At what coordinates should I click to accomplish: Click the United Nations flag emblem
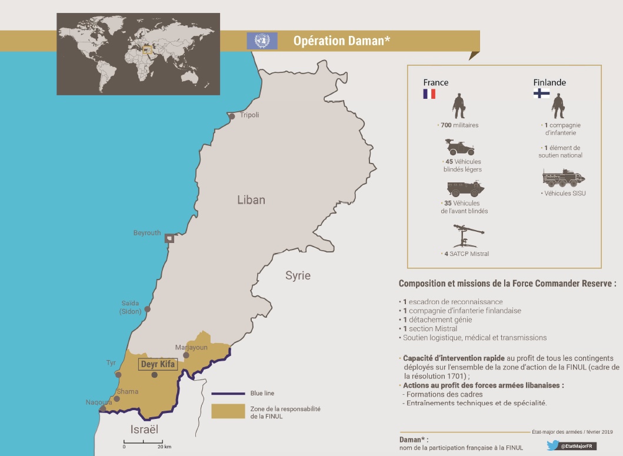coord(262,41)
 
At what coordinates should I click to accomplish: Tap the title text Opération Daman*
coord(342,41)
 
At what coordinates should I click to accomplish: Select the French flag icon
coord(429,94)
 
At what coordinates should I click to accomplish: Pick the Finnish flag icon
coord(541,94)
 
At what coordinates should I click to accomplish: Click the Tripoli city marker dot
coord(232,117)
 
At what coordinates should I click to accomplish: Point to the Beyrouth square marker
coord(169,238)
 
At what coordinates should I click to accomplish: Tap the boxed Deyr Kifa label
coord(158,365)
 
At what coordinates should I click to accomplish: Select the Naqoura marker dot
coord(103,408)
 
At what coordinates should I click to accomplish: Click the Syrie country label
coord(298,275)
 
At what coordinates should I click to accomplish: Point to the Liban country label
coord(251,200)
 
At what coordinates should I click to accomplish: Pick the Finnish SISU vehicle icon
coord(564,178)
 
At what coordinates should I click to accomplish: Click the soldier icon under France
coord(459,106)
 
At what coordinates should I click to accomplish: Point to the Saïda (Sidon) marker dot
coord(147,309)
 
